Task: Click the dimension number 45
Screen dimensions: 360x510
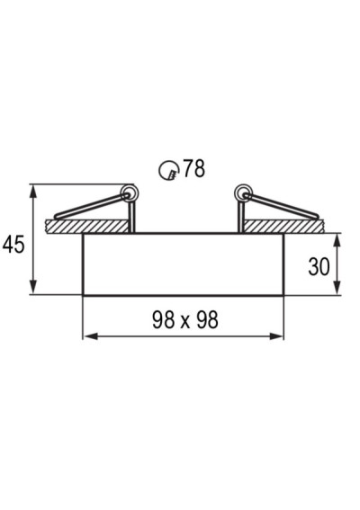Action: [x=13, y=245]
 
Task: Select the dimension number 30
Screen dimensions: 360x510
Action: [x=319, y=267]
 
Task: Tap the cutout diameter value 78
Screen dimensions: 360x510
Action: [x=194, y=168]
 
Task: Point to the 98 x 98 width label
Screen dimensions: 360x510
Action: [x=185, y=319]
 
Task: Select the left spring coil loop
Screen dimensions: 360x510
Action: [x=130, y=194]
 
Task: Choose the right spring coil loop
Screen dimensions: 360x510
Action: [x=244, y=193]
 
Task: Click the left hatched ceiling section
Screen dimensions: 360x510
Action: [x=87, y=227]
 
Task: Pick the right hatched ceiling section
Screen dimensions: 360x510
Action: [x=283, y=227]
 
